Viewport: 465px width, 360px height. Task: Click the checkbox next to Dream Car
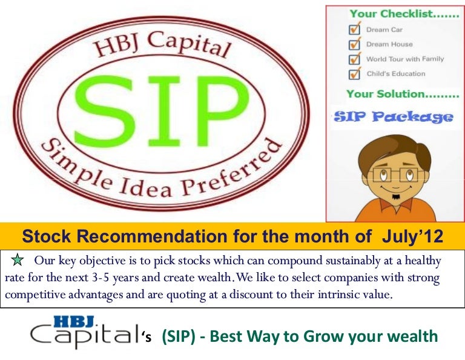click(355, 28)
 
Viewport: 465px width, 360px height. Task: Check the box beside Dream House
click(355, 43)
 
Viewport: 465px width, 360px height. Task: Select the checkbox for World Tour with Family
click(355, 58)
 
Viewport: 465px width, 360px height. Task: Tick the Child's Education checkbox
click(355, 73)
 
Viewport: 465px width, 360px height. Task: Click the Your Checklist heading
click(404, 14)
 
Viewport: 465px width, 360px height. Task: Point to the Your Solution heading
click(403, 94)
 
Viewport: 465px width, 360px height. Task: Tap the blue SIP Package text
click(394, 117)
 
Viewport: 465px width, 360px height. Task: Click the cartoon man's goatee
click(395, 197)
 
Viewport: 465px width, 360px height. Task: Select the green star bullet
click(18, 260)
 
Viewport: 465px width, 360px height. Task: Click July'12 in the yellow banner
click(412, 236)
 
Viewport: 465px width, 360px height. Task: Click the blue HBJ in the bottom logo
click(74, 322)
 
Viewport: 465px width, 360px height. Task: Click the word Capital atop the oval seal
click(189, 44)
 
